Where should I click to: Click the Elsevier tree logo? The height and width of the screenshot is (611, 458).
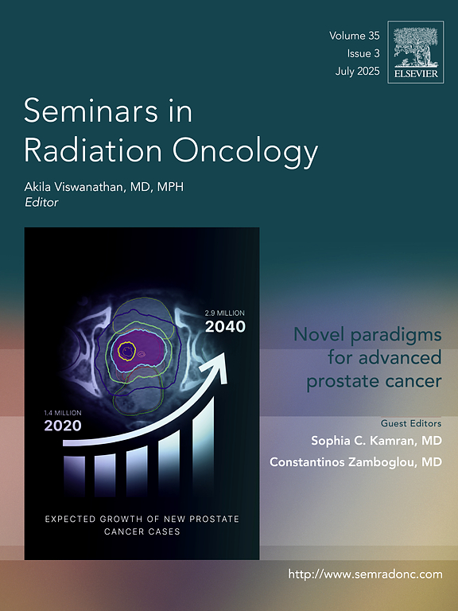[x=416, y=52]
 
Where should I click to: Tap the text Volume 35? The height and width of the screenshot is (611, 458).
[x=354, y=36]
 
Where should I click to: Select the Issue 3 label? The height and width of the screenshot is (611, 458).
[x=363, y=53]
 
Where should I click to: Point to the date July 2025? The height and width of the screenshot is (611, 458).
[x=357, y=72]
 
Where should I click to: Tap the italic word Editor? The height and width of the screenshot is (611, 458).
[x=41, y=203]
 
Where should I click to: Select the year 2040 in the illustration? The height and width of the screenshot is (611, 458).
[x=225, y=326]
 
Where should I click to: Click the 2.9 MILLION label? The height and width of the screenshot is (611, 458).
[x=225, y=313]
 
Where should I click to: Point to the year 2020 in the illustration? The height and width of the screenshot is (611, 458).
[x=63, y=426]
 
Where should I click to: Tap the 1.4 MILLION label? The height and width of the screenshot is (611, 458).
[x=63, y=413]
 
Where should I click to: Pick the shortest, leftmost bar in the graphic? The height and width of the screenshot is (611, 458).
[x=74, y=476]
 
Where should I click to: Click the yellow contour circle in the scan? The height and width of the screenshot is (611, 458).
[x=126, y=351]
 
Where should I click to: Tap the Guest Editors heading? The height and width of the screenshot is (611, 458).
[x=411, y=423]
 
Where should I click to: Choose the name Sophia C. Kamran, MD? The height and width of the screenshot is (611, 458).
[x=376, y=441]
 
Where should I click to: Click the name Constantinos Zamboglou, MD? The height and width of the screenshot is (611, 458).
[x=355, y=462]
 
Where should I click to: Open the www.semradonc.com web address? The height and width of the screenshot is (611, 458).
[x=365, y=574]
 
